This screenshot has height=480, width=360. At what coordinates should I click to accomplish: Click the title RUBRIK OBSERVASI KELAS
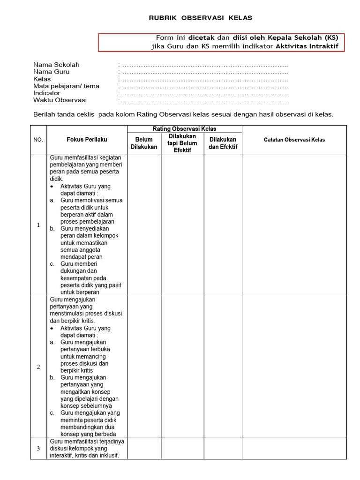(200, 18)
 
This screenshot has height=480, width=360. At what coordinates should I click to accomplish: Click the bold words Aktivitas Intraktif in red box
(307, 46)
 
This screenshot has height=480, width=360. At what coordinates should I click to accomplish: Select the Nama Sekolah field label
(56, 65)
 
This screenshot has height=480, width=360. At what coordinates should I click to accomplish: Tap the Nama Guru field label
(51, 72)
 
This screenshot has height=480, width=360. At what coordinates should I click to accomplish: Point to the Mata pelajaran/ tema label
(66, 86)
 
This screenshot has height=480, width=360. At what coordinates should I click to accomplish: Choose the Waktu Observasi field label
(60, 100)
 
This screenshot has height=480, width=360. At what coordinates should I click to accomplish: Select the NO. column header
(38, 140)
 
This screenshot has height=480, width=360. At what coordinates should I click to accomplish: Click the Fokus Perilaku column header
(87, 140)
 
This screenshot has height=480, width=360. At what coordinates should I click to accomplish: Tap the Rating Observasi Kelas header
(184, 129)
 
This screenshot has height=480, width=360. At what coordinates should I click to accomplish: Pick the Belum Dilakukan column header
(144, 143)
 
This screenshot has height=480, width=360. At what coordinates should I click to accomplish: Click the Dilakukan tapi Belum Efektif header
(182, 143)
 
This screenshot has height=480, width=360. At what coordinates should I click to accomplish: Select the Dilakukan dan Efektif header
(223, 143)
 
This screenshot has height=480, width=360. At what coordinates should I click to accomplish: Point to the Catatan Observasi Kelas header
(294, 140)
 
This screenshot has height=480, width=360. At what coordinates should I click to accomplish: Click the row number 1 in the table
(38, 225)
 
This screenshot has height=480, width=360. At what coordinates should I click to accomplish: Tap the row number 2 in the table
(38, 367)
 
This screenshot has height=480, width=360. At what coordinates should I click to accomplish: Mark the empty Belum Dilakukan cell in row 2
(144, 367)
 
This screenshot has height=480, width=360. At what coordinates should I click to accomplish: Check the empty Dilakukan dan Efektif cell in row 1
(223, 225)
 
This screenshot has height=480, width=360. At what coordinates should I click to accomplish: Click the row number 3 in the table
(38, 449)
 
